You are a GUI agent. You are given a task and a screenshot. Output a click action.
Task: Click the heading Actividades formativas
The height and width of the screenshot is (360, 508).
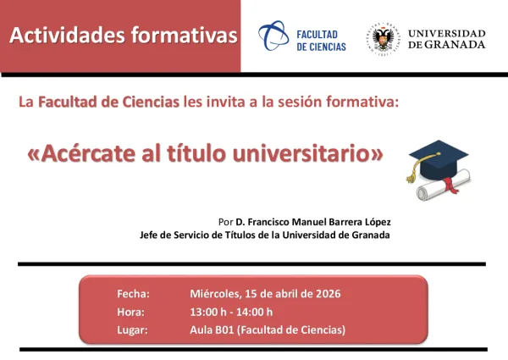click(x=122, y=35)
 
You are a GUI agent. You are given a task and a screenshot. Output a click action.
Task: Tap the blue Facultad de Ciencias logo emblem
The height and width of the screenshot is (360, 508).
click(x=272, y=36)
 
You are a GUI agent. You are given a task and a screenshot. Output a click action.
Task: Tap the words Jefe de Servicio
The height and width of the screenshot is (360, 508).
click(x=172, y=235)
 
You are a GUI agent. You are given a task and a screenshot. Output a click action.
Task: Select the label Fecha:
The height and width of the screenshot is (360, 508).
click(x=133, y=294)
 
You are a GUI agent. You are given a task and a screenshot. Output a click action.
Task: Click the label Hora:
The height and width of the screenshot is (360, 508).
click(x=130, y=311)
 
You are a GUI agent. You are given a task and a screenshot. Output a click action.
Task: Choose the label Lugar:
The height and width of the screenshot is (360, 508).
click(x=132, y=329)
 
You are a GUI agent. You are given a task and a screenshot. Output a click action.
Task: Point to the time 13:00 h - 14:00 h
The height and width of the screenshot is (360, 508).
click(x=231, y=311)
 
